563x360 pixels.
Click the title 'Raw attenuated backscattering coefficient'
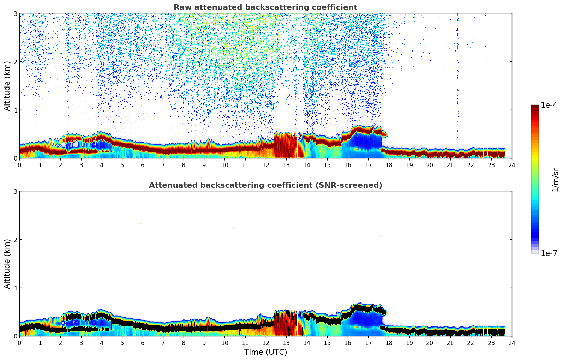pos(265,7)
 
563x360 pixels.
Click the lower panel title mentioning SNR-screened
pos(265,185)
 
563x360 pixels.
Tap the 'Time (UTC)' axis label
pos(265,352)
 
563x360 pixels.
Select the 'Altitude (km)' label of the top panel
pos(7,86)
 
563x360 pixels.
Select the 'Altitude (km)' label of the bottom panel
pos(7,264)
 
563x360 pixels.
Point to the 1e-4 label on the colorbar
pos(549,105)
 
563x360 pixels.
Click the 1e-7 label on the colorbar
pos(549,253)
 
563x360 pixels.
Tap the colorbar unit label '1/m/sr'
pos(555,180)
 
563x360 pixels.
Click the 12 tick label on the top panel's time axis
pos(265,165)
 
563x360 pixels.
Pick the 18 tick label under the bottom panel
pos(389,343)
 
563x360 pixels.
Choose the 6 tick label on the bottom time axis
pos(143,343)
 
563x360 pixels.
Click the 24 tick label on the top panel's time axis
pos(512,165)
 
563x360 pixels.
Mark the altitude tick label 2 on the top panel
pos(15,62)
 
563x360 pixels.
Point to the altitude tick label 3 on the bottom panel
pos(15,191)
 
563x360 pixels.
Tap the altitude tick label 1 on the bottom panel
pos(15,288)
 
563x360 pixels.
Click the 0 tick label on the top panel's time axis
pos(19,165)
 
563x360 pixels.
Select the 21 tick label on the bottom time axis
pos(450,343)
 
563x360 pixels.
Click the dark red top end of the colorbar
pos(535,107)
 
